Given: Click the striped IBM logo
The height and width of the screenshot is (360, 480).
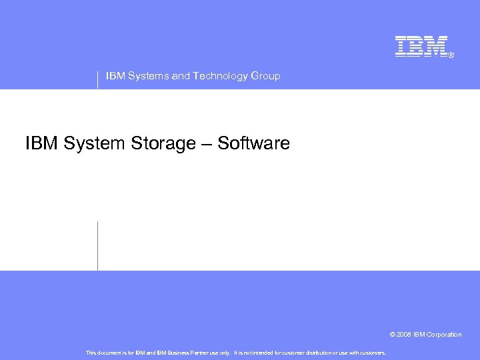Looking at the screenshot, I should click(421, 46).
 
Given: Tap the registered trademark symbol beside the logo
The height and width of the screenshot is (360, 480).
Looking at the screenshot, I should click(451, 55).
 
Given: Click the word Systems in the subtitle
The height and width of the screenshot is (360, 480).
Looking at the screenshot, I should click(147, 76).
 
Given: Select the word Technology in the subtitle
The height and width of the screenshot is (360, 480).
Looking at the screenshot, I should click(219, 76).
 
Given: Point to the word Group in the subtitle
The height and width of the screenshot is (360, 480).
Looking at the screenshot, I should click(265, 76).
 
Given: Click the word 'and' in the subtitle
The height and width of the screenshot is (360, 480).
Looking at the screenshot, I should click(181, 76).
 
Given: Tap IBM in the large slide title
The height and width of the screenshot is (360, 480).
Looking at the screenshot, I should click(42, 143).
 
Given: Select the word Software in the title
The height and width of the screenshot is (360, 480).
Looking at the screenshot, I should click(254, 143).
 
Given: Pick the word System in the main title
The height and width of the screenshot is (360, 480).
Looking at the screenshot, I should click(97, 143).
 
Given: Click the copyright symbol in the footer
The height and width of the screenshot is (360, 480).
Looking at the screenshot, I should click(393, 335).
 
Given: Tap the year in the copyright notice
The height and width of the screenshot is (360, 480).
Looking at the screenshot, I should click(405, 335).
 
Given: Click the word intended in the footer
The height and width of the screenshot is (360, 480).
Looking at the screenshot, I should click(256, 353).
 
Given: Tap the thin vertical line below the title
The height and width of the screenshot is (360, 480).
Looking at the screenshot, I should click(98, 245).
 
